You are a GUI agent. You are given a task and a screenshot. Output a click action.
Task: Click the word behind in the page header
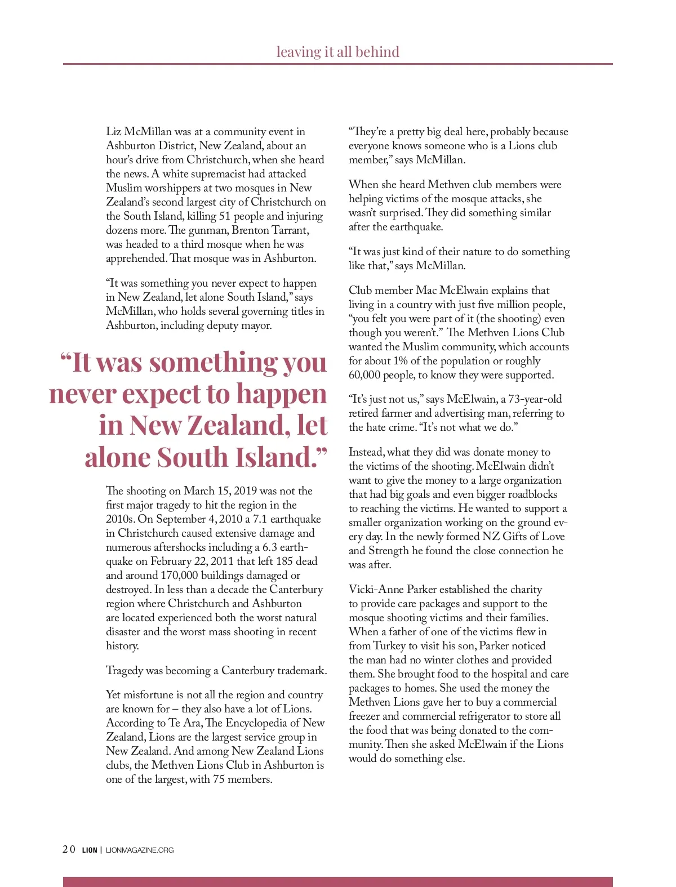377,52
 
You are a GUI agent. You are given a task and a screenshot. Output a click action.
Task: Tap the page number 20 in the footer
69,849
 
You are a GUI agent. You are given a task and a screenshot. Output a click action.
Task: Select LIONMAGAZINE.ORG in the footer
140,850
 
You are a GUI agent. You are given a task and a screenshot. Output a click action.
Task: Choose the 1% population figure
386,361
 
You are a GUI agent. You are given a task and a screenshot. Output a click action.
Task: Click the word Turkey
397,646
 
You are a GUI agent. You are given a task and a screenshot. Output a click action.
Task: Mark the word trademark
299,671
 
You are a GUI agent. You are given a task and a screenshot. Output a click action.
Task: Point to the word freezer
366,716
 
